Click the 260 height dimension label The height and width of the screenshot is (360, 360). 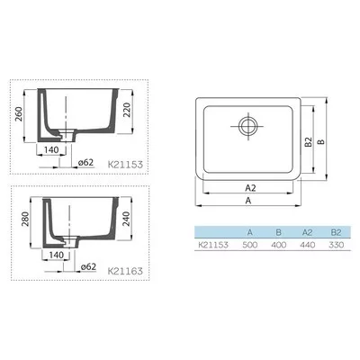pyautogui.click(x=20, y=114)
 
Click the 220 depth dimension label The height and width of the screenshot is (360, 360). pyautogui.click(x=127, y=110)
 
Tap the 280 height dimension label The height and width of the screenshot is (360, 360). pyautogui.click(x=25, y=219)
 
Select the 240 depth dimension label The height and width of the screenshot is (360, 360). pyautogui.click(x=126, y=219)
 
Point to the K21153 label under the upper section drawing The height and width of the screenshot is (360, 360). pyautogui.click(x=125, y=165)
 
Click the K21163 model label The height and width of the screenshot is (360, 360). pyautogui.click(x=125, y=271)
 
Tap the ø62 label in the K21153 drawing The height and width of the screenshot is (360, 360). pyautogui.click(x=85, y=163)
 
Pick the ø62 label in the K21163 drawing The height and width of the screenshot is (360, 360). pyautogui.click(x=88, y=266)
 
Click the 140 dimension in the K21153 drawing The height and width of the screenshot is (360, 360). pyautogui.click(x=51, y=149)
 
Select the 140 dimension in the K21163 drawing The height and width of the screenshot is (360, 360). pyautogui.click(x=57, y=255)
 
